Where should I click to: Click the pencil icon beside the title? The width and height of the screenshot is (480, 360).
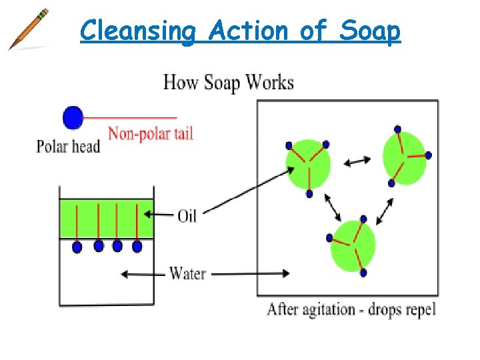29,29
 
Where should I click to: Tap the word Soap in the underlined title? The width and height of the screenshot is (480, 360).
370,31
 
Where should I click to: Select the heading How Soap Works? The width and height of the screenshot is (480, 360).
229,83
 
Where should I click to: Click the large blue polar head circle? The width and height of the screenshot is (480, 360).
73,118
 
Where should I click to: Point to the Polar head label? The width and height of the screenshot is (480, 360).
68,146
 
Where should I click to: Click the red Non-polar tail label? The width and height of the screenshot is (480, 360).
151,133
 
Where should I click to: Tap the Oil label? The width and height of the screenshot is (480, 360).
187,215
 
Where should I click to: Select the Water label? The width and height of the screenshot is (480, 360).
188,273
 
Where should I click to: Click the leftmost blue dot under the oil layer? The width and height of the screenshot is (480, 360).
77,247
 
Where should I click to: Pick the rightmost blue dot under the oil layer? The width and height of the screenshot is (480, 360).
137,247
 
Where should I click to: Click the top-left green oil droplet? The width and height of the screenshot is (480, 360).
308,164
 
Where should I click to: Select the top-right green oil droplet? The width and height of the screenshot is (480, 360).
404,157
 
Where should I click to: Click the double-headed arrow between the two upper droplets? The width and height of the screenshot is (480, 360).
357,161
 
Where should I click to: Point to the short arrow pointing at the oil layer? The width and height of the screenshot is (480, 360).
160,214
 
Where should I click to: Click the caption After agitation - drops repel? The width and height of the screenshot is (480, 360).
351,310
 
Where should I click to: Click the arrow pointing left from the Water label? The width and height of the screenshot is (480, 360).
142,273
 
